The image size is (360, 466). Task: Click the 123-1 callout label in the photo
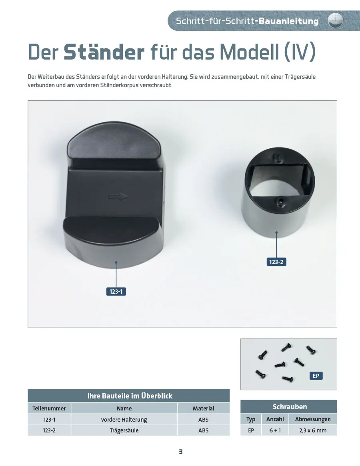point(116,291)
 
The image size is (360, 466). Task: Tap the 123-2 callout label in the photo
point(276,262)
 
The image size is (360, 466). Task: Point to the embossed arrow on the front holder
point(118,197)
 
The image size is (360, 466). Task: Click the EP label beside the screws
point(316,376)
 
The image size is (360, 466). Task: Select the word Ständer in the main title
point(104,52)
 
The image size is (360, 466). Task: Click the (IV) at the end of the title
point(300,52)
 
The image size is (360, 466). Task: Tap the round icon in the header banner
point(335,21)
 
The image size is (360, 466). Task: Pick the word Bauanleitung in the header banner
point(288,21)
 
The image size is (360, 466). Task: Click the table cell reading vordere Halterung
point(124,420)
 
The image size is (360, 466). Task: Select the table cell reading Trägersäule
point(124,430)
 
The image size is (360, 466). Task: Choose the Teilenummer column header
point(49,408)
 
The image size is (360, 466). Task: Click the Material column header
point(204,408)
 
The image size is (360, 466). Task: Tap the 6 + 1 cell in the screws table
point(275,430)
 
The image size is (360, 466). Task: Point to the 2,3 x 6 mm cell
point(313,430)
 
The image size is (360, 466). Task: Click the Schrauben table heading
point(290,406)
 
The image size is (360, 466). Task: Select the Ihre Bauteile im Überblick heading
point(130,396)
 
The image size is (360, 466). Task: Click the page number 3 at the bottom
point(180,452)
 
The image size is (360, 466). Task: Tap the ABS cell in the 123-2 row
point(204,430)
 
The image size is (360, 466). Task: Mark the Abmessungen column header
point(313,419)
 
